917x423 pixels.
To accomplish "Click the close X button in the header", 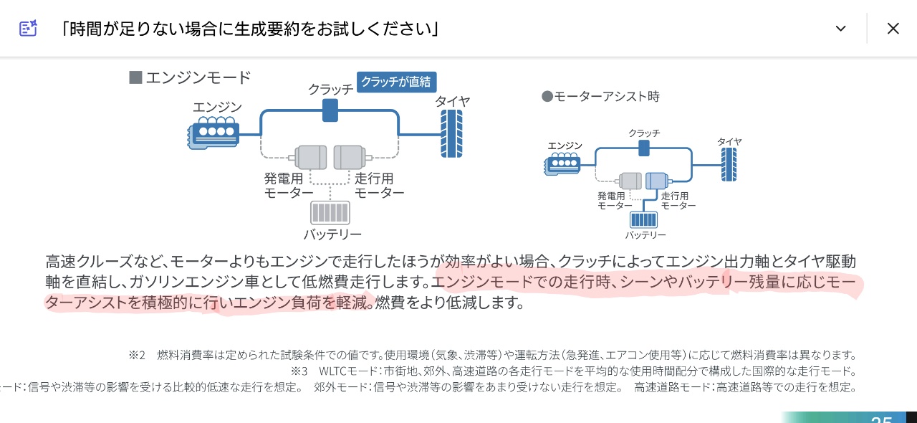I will point(893,29).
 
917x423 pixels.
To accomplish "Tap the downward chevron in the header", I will point(841,29).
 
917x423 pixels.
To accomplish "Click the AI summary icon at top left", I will point(28,29).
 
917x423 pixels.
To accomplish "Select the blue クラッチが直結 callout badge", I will point(396,82).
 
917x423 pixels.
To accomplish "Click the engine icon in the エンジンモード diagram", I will point(214,133).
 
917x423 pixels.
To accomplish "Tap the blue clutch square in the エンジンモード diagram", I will point(330,110).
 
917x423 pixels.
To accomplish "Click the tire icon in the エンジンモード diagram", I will point(451,133).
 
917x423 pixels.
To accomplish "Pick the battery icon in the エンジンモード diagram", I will point(330,213).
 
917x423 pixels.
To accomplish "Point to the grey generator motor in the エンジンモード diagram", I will point(311,157).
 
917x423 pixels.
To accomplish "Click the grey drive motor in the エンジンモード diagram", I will point(350,157).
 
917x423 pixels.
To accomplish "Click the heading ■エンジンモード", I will point(190,77).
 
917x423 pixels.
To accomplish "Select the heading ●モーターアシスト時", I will point(600,96).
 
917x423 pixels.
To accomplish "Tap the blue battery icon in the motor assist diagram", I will point(643,219).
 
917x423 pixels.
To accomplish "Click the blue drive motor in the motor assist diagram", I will point(656,181).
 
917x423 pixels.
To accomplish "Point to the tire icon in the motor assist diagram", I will point(729,164).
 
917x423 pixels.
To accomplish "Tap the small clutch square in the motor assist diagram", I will point(644,148).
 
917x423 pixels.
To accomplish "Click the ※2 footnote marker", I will point(137,355).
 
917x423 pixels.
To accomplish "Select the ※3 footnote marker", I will point(299,371).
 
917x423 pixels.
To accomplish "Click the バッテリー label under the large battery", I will point(332,234).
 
